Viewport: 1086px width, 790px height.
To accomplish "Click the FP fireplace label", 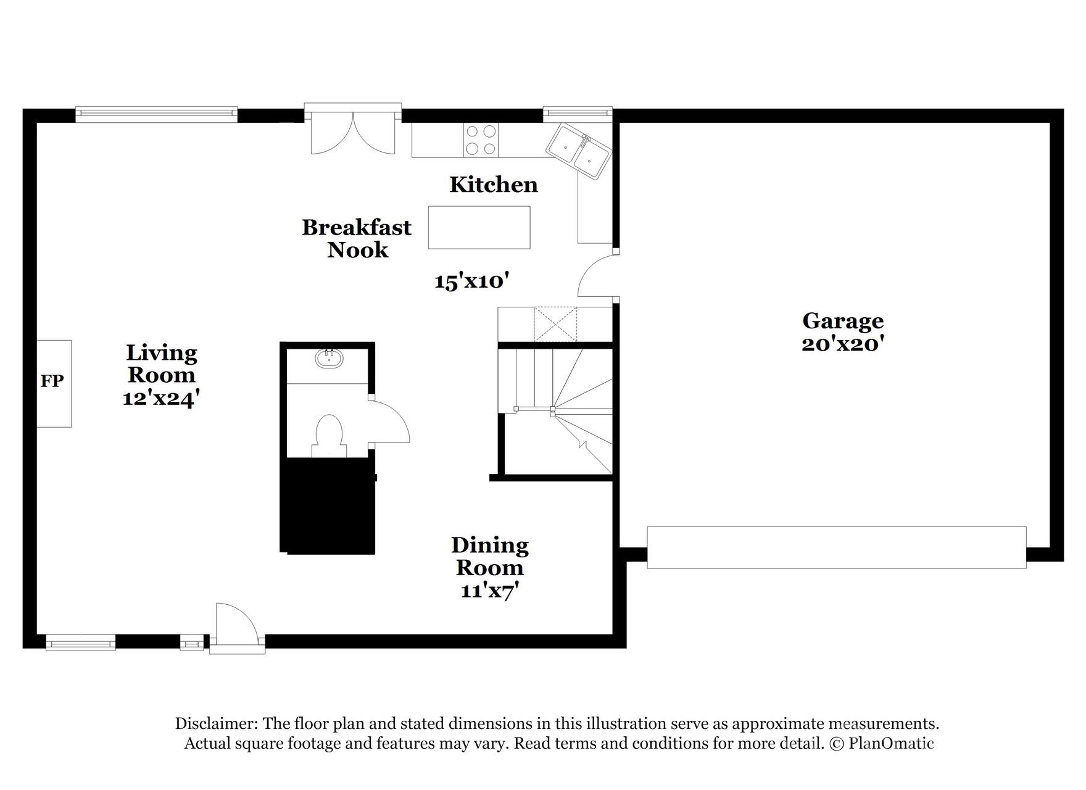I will pyautogui.click(x=52, y=381).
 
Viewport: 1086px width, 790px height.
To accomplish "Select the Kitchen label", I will pyautogui.click(x=494, y=185).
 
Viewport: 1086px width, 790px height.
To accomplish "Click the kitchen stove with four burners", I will pyautogui.click(x=481, y=140).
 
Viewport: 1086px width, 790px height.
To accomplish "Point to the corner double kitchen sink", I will pyautogui.click(x=578, y=151).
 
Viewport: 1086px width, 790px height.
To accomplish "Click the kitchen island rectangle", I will pyautogui.click(x=479, y=227).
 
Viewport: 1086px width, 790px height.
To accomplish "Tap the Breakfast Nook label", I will pyautogui.click(x=357, y=238).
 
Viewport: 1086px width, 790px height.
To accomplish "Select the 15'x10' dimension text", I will pyautogui.click(x=471, y=281).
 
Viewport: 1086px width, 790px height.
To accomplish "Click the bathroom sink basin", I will pyautogui.click(x=329, y=359).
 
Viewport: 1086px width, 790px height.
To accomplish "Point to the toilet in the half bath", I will pyautogui.click(x=329, y=432).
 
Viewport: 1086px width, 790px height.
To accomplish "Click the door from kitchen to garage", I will pyautogui.click(x=595, y=278).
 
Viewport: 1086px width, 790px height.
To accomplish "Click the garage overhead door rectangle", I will pyautogui.click(x=836, y=547).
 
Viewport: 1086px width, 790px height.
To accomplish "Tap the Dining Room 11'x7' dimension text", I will pyautogui.click(x=489, y=591).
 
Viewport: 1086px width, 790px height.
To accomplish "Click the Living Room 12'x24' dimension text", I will pyautogui.click(x=160, y=398).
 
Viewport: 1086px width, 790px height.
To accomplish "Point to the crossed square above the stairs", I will pyautogui.click(x=555, y=323).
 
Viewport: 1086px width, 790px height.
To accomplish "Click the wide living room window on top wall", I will pyautogui.click(x=156, y=112).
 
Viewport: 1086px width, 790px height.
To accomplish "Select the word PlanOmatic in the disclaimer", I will pyautogui.click(x=891, y=743).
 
